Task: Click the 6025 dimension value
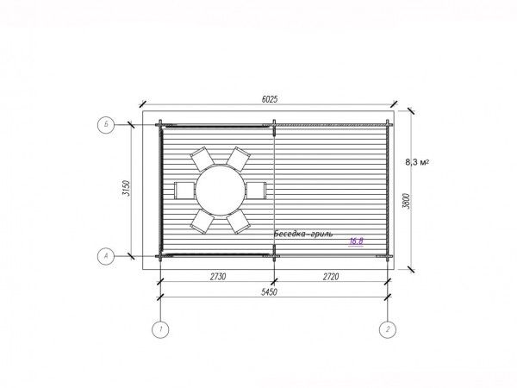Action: pos(270,99)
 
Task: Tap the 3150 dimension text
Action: pos(127,188)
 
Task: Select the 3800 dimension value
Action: pos(406,201)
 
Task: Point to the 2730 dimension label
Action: pos(218,277)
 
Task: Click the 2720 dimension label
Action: pos(330,277)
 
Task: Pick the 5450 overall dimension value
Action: pos(269,292)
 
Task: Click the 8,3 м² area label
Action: pos(417,162)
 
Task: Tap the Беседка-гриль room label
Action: pos(303,234)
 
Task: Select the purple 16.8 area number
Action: pos(356,241)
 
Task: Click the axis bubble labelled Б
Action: pos(106,125)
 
